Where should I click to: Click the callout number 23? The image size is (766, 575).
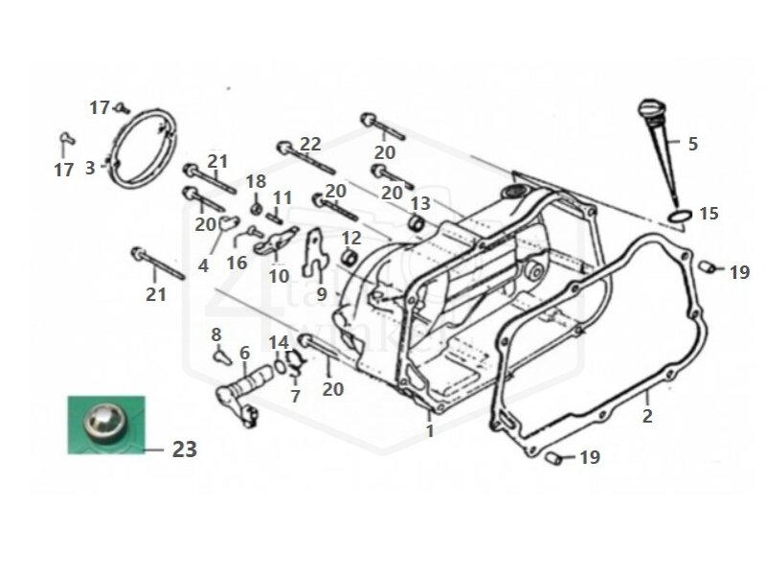coord(185,448)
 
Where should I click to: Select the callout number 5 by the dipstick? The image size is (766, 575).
coord(692,144)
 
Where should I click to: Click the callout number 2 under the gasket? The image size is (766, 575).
coord(647,416)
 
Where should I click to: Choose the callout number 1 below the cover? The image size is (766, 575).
coord(430,431)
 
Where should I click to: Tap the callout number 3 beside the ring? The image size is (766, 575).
coord(90,168)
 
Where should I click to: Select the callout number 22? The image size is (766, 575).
coord(310,144)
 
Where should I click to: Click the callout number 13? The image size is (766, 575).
coord(420,203)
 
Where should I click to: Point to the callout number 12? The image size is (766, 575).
coord(351,237)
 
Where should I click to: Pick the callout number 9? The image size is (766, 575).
coord(322,293)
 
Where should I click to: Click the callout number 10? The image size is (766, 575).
coord(279,275)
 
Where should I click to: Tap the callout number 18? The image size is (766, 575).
coord(256,182)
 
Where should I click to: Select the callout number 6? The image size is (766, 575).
coord(244,353)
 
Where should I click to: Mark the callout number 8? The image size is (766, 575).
coord(216,333)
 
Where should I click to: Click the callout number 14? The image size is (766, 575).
coord(278,342)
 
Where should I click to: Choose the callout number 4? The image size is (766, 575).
coord(203,265)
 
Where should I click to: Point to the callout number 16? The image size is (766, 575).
coord(237,263)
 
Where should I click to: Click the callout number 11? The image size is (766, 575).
coord(281,197)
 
